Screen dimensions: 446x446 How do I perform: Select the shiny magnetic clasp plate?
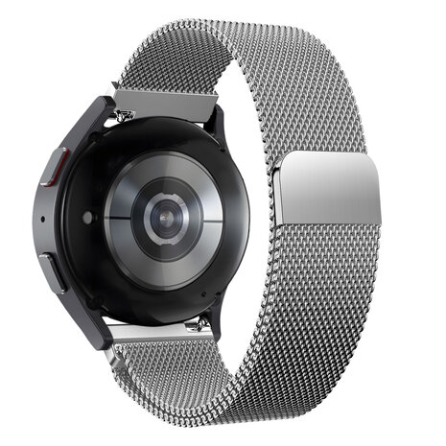pyautogui.click(x=332, y=187)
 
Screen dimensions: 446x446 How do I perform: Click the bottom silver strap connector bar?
pyautogui.click(x=153, y=334)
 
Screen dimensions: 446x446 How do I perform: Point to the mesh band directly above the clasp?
pyautogui.click(x=317, y=115)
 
